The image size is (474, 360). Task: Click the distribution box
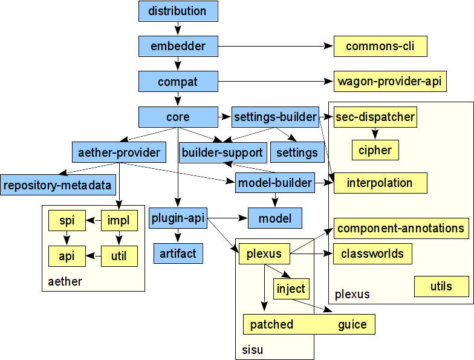point(178,11)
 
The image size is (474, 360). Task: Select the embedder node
point(178,46)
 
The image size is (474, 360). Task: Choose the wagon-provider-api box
point(390,81)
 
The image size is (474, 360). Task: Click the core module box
point(178,117)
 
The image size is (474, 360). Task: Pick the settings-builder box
point(275,117)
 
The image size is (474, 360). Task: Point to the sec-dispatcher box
point(375,117)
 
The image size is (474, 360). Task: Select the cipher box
point(375,150)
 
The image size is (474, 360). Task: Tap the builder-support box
point(222,152)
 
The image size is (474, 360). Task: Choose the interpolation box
point(380,183)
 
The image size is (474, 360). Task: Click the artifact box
point(178,254)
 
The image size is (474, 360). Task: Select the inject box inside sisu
point(291,289)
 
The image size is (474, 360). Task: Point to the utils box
point(441,286)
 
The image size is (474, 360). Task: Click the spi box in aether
point(67,221)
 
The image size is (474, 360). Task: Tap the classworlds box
point(372,254)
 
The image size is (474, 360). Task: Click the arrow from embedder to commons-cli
point(275,46)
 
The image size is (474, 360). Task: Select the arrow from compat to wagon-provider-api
point(275,81)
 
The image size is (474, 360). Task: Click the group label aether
point(65,282)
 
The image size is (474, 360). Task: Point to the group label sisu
point(249,350)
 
